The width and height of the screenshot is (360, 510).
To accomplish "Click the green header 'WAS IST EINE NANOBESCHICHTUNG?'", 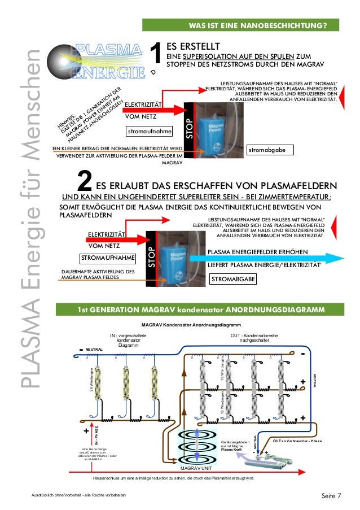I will tap(260, 26).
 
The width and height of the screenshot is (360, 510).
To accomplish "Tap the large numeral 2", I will tap(84, 184).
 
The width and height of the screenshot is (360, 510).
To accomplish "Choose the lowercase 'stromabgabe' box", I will tap(269, 151).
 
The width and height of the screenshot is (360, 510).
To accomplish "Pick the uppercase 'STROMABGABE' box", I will tap(232, 280).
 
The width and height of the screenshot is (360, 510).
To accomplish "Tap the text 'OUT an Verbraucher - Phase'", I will tap(297, 439).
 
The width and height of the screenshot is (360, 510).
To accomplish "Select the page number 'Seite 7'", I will tap(331, 496).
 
